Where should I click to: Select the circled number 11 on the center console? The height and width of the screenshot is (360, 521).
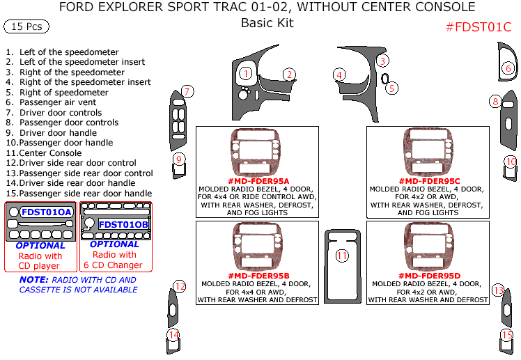(342, 256)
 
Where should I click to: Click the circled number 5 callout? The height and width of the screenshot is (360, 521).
(392, 88)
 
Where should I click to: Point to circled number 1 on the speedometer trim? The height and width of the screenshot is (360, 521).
(245, 73)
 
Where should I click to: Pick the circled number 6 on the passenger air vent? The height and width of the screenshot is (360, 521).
(508, 68)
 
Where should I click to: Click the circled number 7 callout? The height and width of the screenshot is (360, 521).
(187, 91)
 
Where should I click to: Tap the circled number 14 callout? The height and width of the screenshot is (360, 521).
(173, 335)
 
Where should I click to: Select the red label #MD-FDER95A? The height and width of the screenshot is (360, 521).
(258, 181)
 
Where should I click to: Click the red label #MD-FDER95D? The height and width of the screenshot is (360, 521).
(428, 276)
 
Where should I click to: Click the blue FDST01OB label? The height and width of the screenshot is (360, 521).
(123, 224)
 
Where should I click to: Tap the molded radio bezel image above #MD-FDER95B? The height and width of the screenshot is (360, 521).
(257, 247)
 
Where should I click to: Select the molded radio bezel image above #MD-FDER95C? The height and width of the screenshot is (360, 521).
(428, 152)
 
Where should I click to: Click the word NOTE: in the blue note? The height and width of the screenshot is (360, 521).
(34, 280)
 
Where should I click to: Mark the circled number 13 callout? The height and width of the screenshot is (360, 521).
(498, 290)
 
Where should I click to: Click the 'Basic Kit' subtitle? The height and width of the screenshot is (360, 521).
(267, 23)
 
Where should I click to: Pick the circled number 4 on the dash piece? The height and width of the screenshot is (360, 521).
(339, 75)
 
